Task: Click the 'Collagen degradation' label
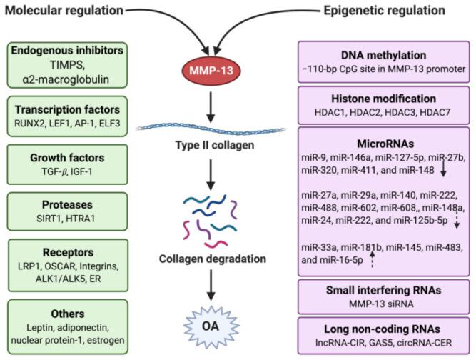[210, 258]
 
